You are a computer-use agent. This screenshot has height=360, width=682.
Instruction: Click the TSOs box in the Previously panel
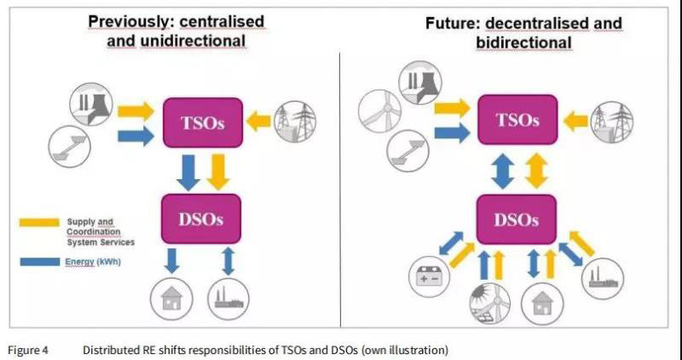point(203,122)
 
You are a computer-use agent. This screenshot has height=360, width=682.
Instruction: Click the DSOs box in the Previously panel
point(201,218)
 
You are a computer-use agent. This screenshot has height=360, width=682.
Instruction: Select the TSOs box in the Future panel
point(519,119)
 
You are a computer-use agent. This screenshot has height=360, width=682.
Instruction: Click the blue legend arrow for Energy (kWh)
point(39,262)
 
